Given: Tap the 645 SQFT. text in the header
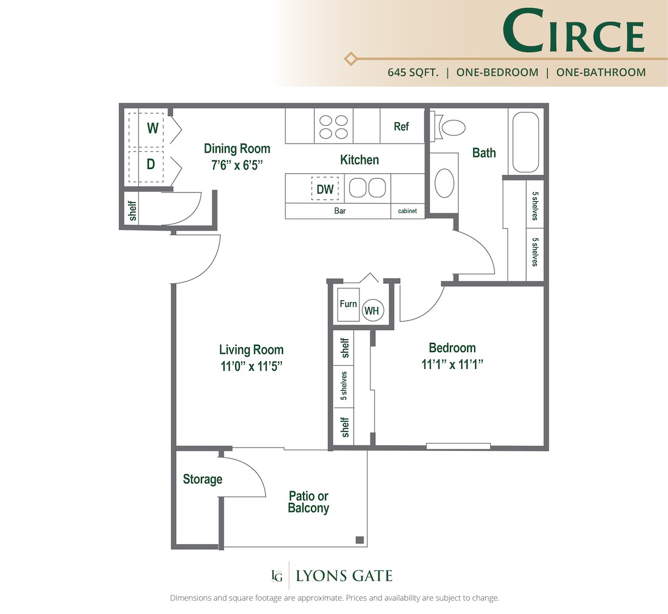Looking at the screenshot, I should point(414,72).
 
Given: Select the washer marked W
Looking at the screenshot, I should point(152,128).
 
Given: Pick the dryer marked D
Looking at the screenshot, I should point(151,164).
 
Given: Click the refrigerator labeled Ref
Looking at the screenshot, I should point(401,126).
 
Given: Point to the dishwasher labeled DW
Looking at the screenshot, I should point(325,189).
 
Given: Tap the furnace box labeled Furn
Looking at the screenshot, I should point(348,304).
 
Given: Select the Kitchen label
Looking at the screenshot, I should point(359,160).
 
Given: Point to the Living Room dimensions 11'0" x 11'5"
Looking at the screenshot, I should point(251,367).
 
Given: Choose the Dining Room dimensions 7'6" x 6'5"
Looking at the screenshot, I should point(237,165).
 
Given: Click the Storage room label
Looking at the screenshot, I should point(202,480).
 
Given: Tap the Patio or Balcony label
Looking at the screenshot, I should point(308,502).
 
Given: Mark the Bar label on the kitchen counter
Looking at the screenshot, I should point(339,212).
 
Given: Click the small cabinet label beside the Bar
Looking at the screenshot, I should point(407,212).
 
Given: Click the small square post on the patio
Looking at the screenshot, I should point(360,539).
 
